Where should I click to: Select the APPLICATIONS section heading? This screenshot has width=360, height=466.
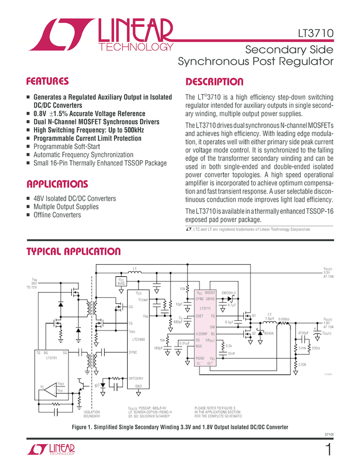coord(56,184)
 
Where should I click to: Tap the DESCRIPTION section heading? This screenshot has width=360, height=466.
coord(214,82)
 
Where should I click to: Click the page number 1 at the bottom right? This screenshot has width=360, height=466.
coord(328,451)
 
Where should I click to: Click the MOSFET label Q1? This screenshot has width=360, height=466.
coord(254,315)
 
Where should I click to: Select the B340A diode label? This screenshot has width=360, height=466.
coord(269,333)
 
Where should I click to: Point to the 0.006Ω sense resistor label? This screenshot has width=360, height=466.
coord(283,319)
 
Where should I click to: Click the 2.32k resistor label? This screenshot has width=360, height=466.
coord(302,365)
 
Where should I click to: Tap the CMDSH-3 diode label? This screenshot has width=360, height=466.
coord(228,293)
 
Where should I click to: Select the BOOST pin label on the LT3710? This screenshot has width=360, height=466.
coord(210,293)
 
